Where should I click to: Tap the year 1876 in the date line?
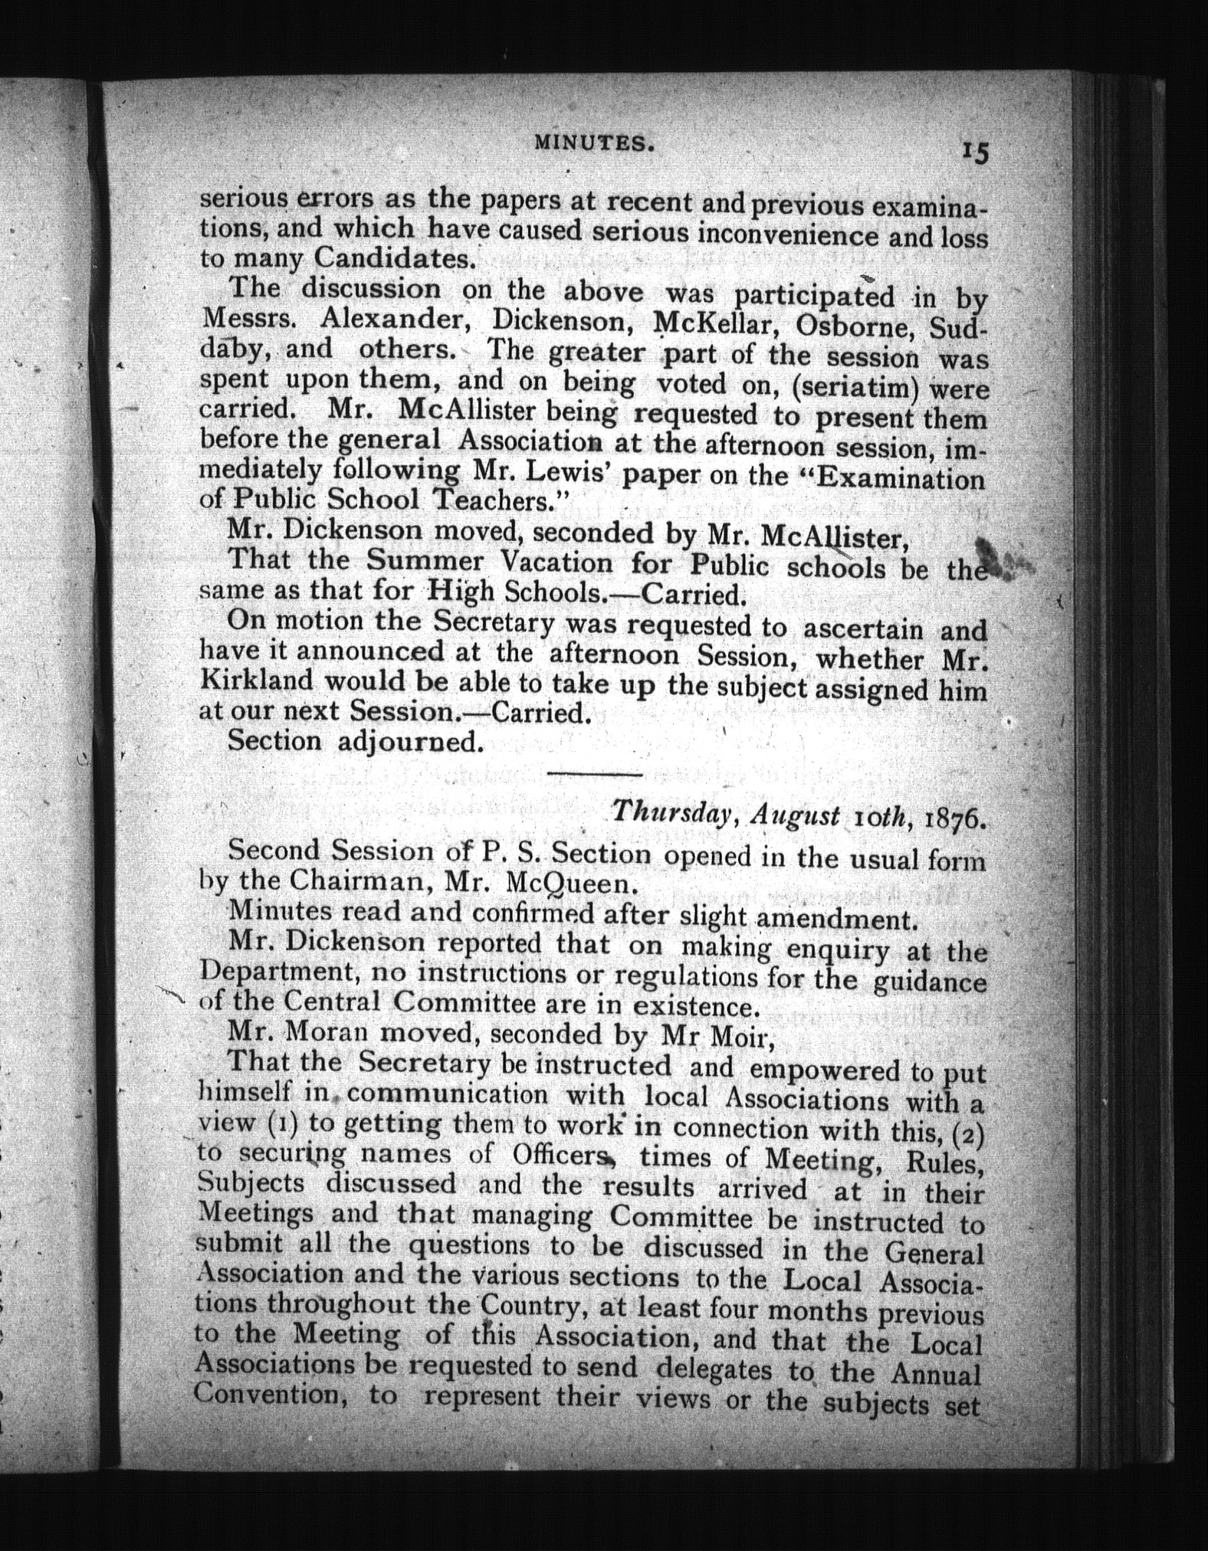[x=954, y=819]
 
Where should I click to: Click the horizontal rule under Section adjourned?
[x=594, y=775]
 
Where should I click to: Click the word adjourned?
[x=410, y=743]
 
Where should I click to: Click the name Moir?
[x=733, y=1038]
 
